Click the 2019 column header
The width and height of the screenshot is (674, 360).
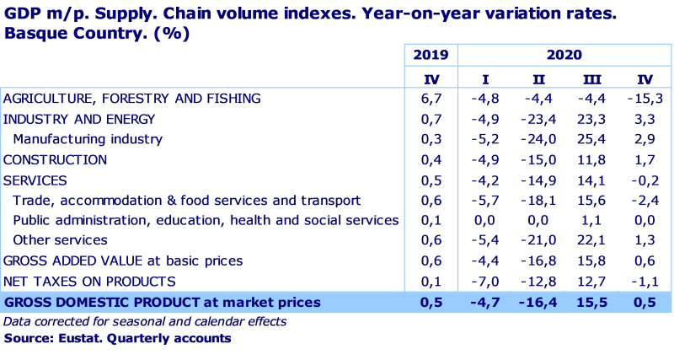431,56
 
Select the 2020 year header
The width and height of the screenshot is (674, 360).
564,56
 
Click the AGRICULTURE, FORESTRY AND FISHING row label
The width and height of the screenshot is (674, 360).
132,99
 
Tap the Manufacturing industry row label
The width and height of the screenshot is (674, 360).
88,139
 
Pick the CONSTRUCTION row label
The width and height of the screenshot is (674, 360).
56,159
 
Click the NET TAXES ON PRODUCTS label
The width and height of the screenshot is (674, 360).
89,281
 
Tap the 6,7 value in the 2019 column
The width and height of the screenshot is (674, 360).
431,99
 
